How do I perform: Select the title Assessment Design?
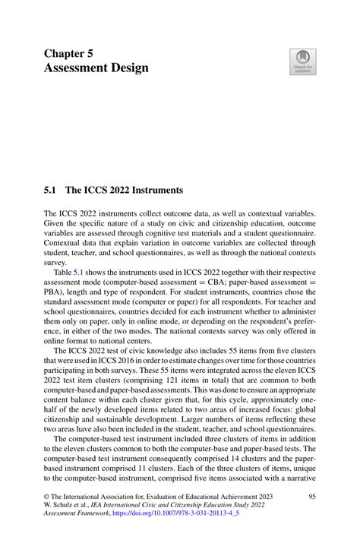point(96,68)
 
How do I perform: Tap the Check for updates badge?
point(303,62)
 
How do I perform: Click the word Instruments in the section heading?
point(155,190)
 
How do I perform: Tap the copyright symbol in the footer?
point(46,495)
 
